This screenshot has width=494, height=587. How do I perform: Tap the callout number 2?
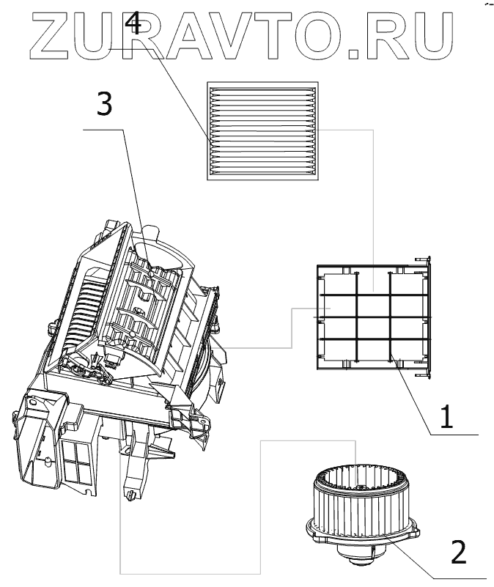click(x=458, y=551)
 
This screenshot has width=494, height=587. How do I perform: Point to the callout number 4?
click(x=133, y=23)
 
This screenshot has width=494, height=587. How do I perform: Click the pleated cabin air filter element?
click(x=262, y=131)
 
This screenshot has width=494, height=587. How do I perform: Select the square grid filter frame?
click(x=373, y=317)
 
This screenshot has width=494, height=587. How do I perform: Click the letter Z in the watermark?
click(x=49, y=36)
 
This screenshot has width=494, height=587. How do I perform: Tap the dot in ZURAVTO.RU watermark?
click(x=354, y=54)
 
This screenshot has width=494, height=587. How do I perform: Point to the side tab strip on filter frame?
click(x=426, y=317)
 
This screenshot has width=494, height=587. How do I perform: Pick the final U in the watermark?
click(x=432, y=36)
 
